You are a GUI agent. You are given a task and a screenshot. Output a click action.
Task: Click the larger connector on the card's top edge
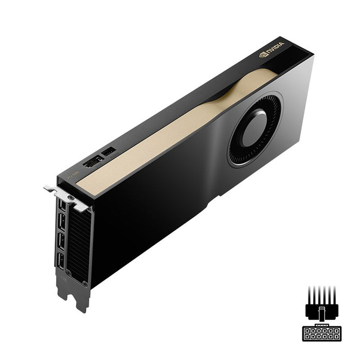tap(93, 162)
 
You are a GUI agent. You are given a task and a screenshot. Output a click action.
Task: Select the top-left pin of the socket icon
tap(308, 330)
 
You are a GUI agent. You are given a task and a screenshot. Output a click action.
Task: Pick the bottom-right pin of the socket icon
tap(336, 336)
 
